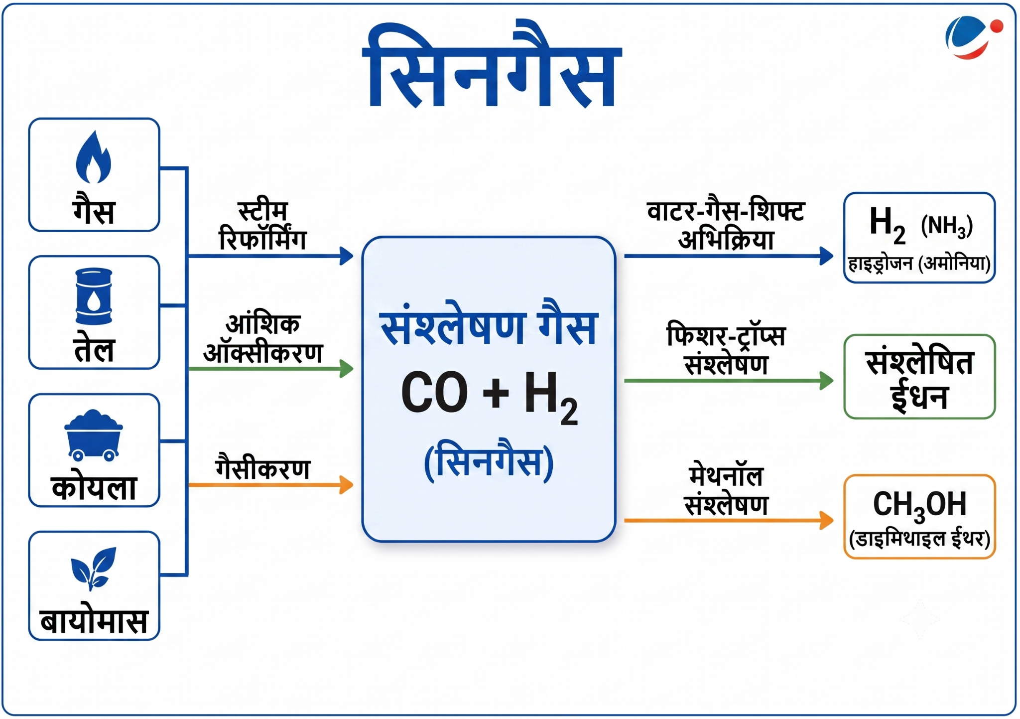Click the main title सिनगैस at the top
[492, 65]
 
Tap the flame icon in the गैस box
[93, 157]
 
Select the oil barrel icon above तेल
[94, 296]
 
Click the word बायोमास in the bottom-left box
[94, 621]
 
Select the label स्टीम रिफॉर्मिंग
[262, 226]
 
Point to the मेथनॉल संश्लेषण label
[726, 490]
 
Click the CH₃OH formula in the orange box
[919, 505]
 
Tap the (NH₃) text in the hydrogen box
[947, 226]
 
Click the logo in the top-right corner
[974, 37]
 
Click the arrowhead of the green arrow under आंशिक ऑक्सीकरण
[347, 369]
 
